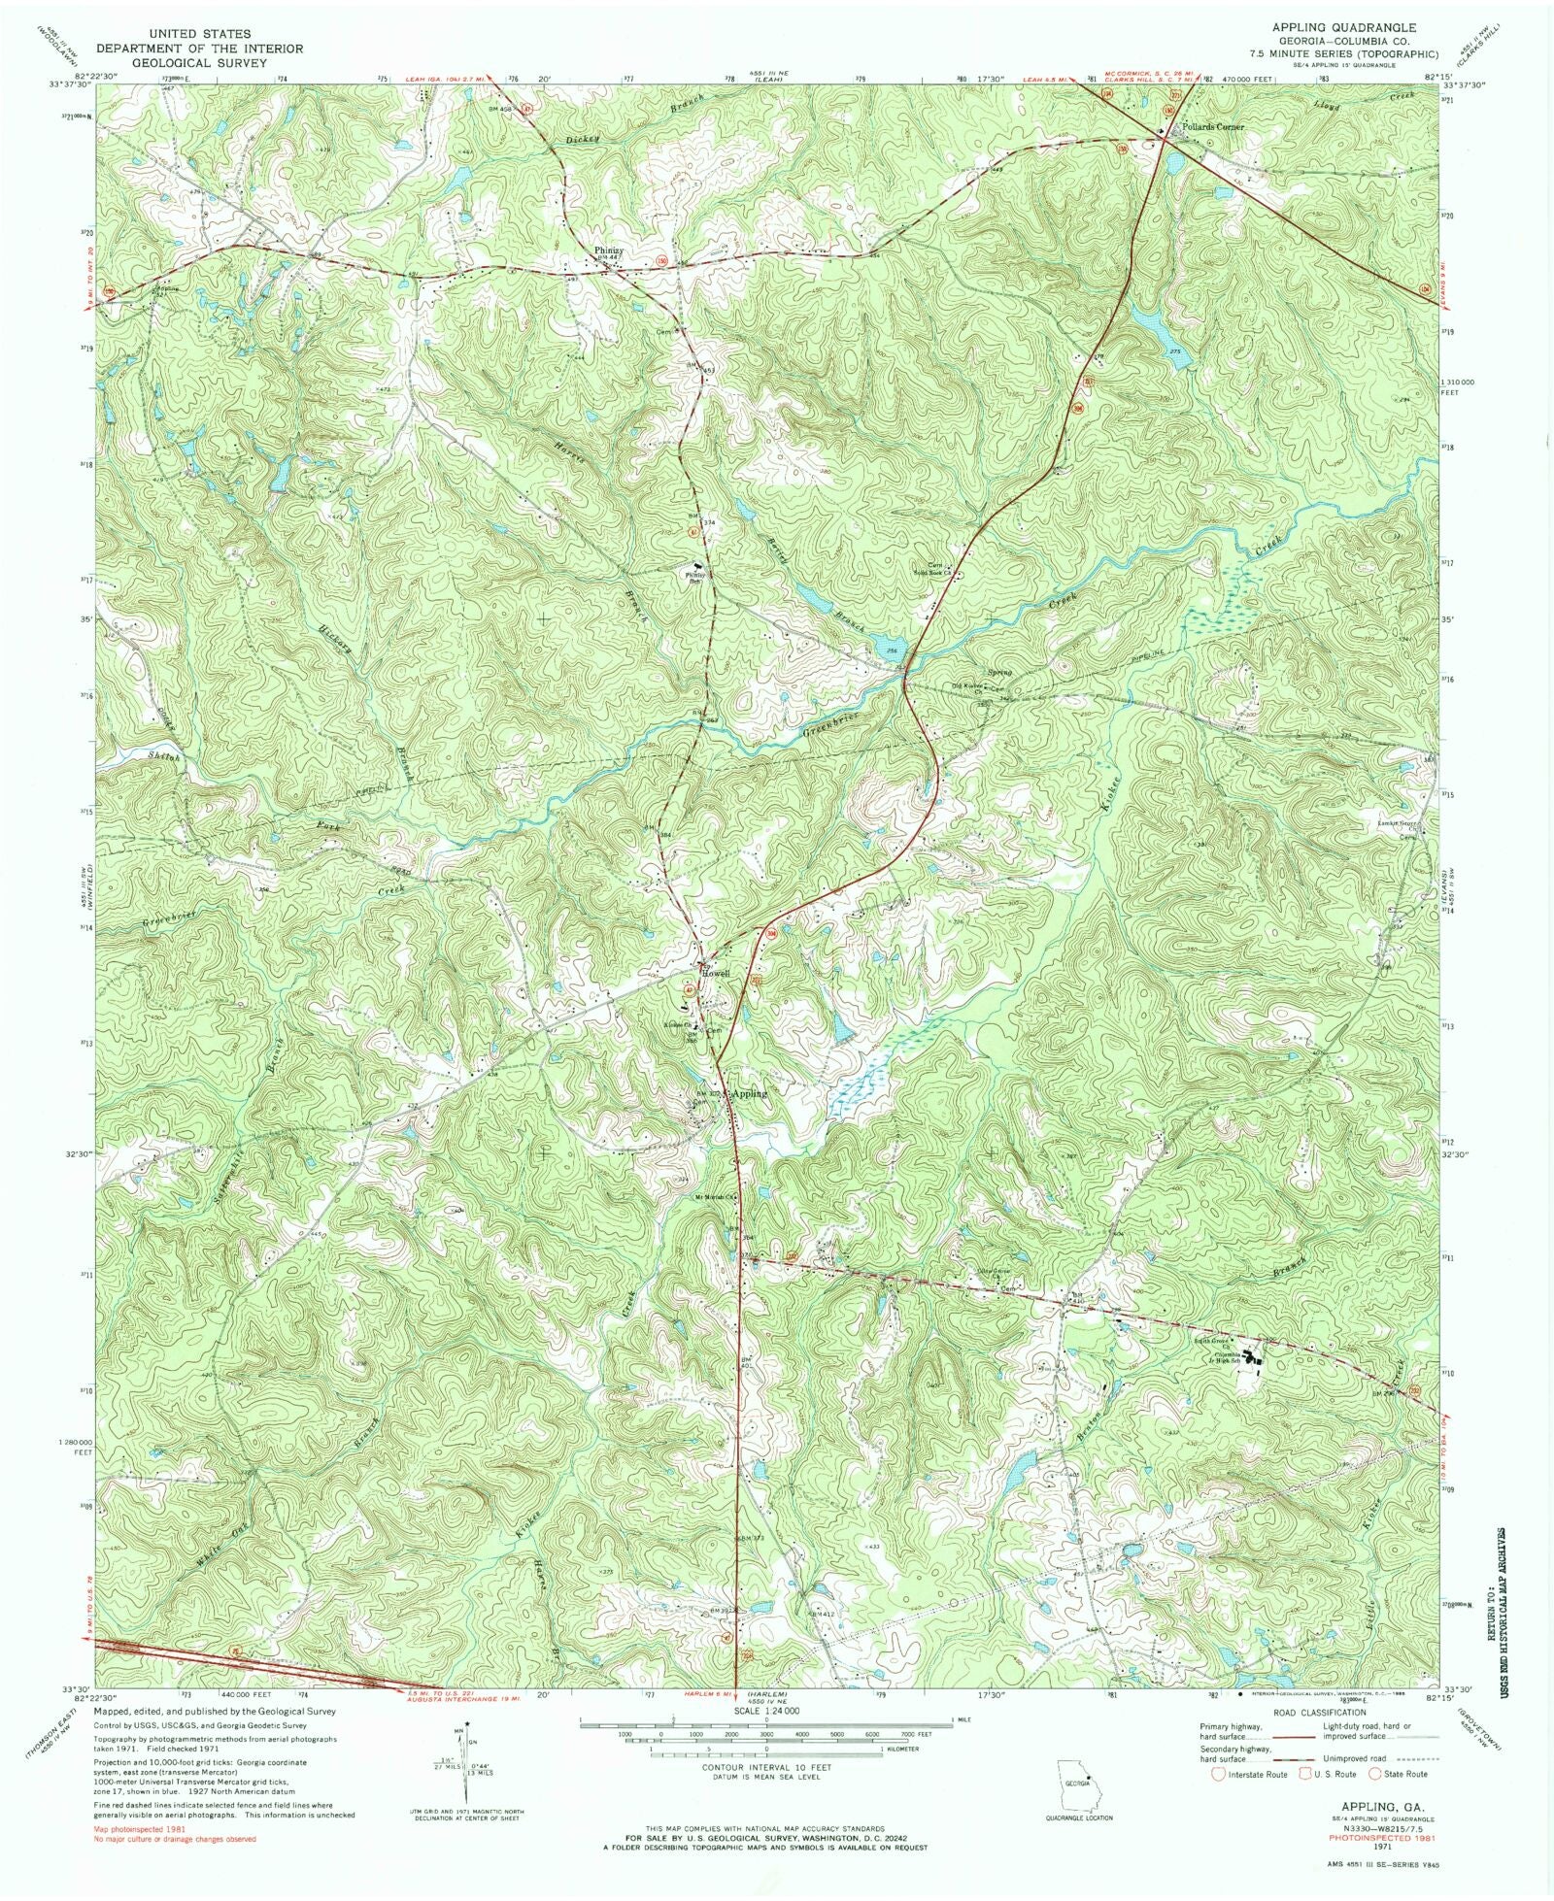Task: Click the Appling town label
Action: (749, 1093)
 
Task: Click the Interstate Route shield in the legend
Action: (1216, 1774)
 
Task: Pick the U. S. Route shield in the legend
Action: (1300, 1774)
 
